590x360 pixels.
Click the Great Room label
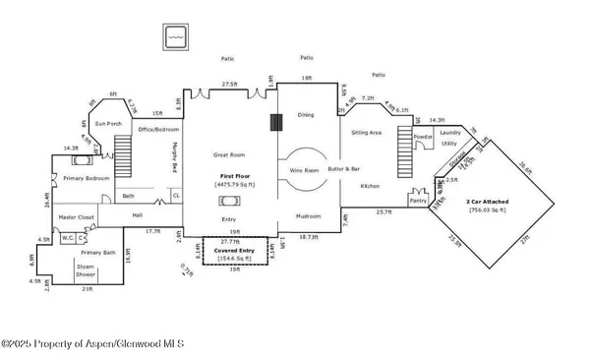pos(229,154)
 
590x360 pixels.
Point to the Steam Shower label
pos(91,270)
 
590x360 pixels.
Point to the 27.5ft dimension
pos(229,85)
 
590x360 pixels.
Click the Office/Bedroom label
pos(156,129)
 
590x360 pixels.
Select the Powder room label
pos(423,137)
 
